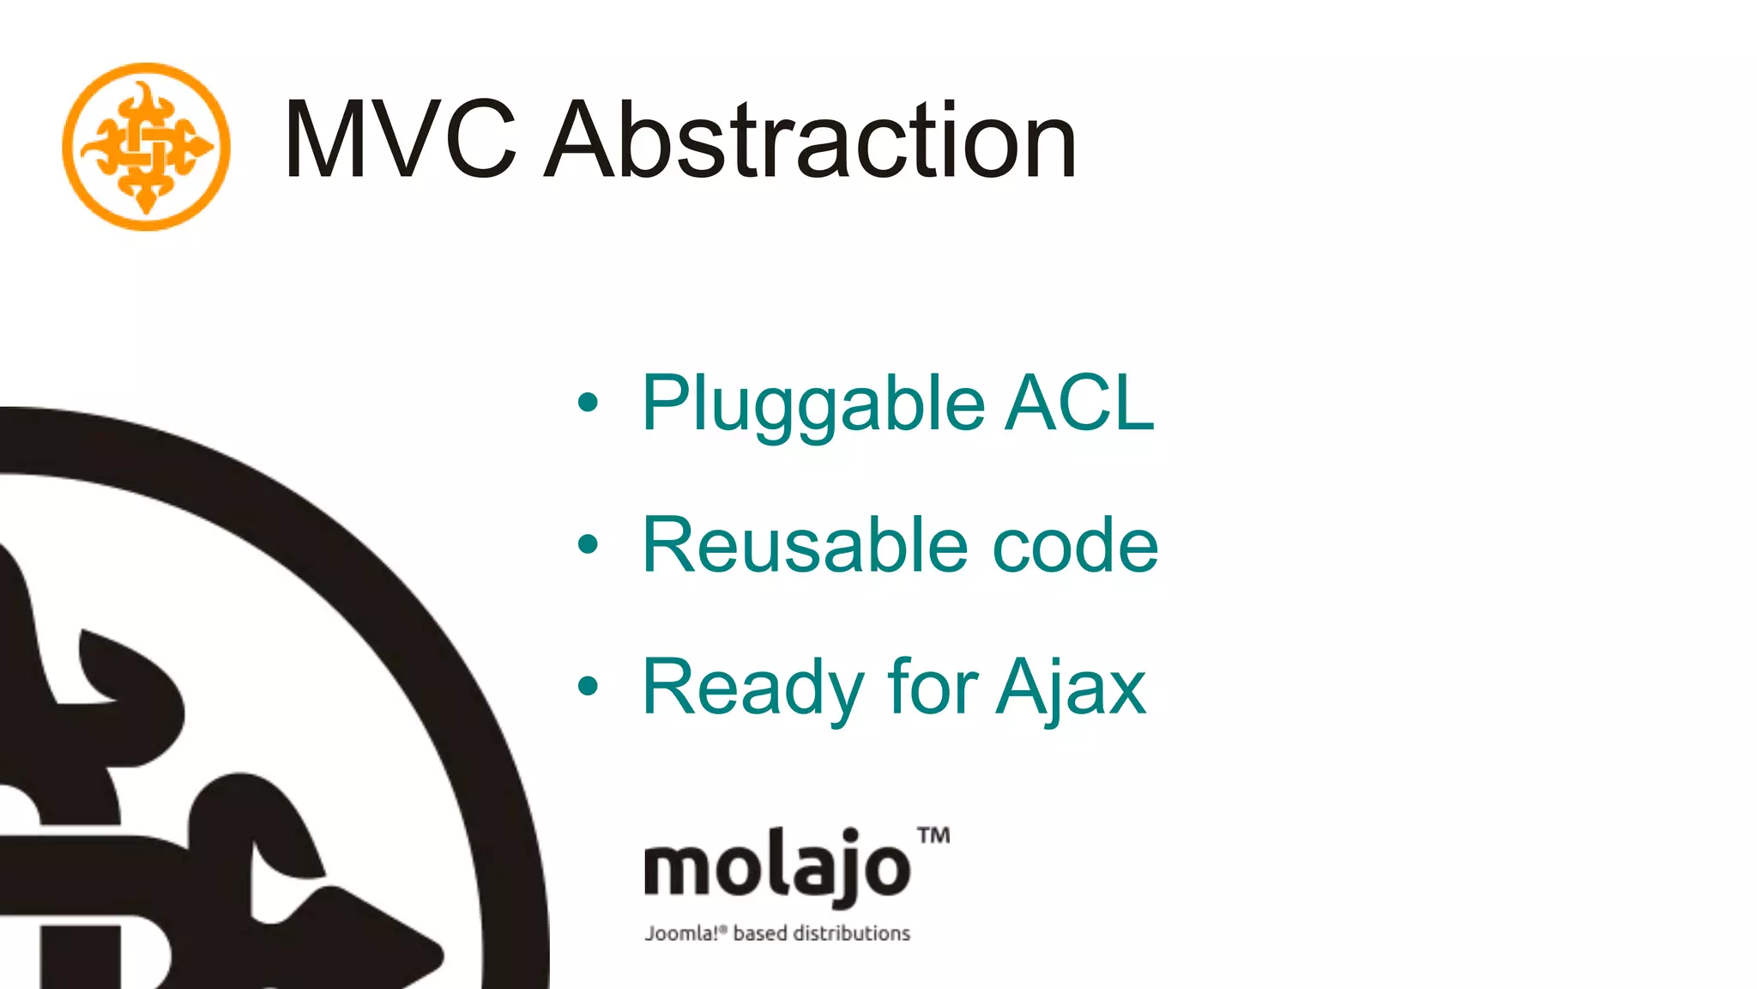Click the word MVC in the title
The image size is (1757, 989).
point(400,140)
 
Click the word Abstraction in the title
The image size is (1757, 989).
point(811,140)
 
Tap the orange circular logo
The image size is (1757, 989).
point(147,147)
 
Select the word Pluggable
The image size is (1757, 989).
point(813,403)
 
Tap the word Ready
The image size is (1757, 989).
point(753,687)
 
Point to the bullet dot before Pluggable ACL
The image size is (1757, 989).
point(588,402)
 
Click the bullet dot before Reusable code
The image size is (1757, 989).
point(588,543)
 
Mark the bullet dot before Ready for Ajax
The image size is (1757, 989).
point(588,685)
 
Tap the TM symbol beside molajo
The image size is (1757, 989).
point(933,835)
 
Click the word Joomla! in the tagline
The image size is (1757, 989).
point(682,933)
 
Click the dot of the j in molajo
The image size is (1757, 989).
point(851,834)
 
